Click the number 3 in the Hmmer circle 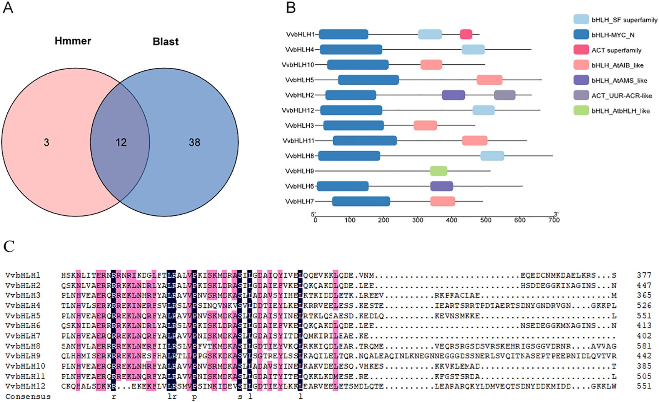coord(46,143)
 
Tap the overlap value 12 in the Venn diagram coord(121,143)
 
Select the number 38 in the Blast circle coord(194,143)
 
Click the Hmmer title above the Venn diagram coord(73,41)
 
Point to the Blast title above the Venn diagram coord(165,42)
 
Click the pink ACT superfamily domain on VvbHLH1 coord(466,34)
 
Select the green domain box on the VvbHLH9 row coord(439,171)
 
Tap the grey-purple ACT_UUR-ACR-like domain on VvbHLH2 coord(504,95)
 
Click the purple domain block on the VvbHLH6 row coord(442,186)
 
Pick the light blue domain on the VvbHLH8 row coord(492,156)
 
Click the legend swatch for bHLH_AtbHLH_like coord(581,111)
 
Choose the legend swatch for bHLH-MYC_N coord(581,35)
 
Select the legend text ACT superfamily coord(616,50)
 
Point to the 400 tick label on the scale coord(452,220)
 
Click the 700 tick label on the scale coord(554,220)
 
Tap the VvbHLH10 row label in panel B coord(298,65)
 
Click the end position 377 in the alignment coord(644,275)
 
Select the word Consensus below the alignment coord(28,397)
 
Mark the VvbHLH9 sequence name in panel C coord(23,356)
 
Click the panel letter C coord(9,246)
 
